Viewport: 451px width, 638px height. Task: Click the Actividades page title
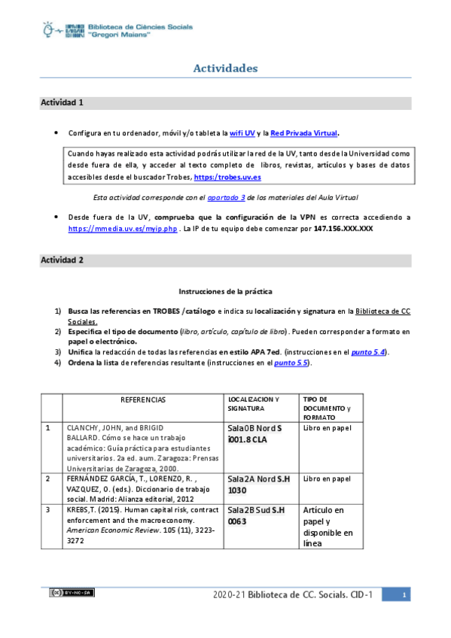pos(225,68)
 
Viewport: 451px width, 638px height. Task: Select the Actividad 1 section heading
pos(62,102)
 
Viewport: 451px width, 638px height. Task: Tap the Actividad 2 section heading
pos(62,260)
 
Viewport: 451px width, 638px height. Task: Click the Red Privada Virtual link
pos(305,133)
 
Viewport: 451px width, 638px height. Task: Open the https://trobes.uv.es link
pos(227,177)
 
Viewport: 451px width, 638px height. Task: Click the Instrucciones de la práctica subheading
pos(225,290)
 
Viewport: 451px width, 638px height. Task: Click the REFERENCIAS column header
pos(143,399)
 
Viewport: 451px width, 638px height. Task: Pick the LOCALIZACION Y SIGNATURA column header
pos(253,403)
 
